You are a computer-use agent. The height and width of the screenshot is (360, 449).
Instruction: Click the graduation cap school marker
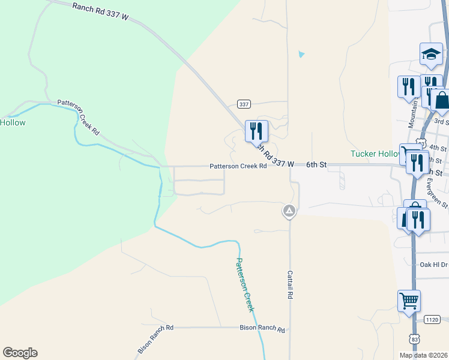(431, 55)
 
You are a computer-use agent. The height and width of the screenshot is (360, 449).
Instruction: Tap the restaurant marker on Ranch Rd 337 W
(257, 130)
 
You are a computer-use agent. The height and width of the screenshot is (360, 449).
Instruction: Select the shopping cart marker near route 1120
(409, 301)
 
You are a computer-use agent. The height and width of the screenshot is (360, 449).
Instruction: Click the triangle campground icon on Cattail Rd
(289, 211)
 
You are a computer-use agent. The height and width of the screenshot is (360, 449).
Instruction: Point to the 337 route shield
(243, 104)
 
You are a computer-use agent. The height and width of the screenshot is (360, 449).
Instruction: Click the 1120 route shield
(432, 319)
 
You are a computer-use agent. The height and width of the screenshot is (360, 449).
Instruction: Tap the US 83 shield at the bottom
(414, 340)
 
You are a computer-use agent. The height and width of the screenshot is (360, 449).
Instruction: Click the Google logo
(20, 353)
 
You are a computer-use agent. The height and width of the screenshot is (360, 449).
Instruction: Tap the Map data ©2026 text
(423, 355)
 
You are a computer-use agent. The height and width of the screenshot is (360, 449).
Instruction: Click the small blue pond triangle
(301, 55)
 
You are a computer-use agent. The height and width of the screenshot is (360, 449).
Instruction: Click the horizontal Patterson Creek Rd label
(238, 166)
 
